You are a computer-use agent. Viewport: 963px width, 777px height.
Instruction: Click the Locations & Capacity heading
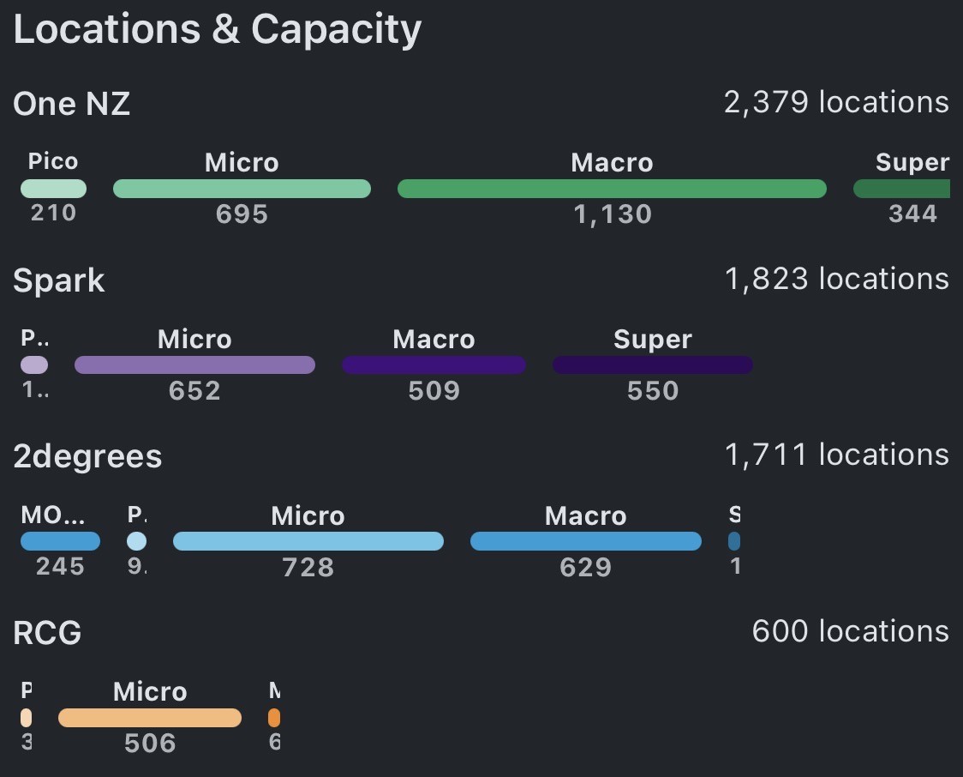(x=217, y=30)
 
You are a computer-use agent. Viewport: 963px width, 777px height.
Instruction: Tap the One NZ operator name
(x=72, y=105)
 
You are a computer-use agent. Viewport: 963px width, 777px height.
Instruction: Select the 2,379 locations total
(x=836, y=102)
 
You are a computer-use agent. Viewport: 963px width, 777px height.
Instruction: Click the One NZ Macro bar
(x=612, y=189)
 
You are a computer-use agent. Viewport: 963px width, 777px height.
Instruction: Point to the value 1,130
(x=612, y=214)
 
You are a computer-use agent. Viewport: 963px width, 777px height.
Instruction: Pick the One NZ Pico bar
(x=53, y=189)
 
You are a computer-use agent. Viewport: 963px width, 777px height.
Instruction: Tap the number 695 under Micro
(x=242, y=214)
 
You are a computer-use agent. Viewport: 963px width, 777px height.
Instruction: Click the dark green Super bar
(x=902, y=189)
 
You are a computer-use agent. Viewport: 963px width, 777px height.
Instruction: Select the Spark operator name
(x=59, y=281)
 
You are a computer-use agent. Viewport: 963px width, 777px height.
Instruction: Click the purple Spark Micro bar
(x=194, y=365)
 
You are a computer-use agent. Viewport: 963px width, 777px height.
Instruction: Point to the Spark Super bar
(x=652, y=365)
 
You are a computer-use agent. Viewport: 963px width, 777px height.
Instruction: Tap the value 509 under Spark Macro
(x=434, y=391)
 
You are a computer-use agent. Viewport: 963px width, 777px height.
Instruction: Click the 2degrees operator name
(x=87, y=457)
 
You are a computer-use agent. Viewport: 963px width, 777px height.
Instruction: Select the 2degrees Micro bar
(x=308, y=541)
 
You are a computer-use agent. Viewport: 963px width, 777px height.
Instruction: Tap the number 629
(x=585, y=567)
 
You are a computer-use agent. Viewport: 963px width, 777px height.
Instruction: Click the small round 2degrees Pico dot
(x=136, y=541)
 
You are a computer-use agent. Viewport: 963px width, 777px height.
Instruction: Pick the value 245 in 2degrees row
(x=60, y=566)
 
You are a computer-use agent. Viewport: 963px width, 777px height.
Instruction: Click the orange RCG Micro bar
(x=150, y=718)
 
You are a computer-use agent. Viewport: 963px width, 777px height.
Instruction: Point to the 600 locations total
(x=850, y=631)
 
